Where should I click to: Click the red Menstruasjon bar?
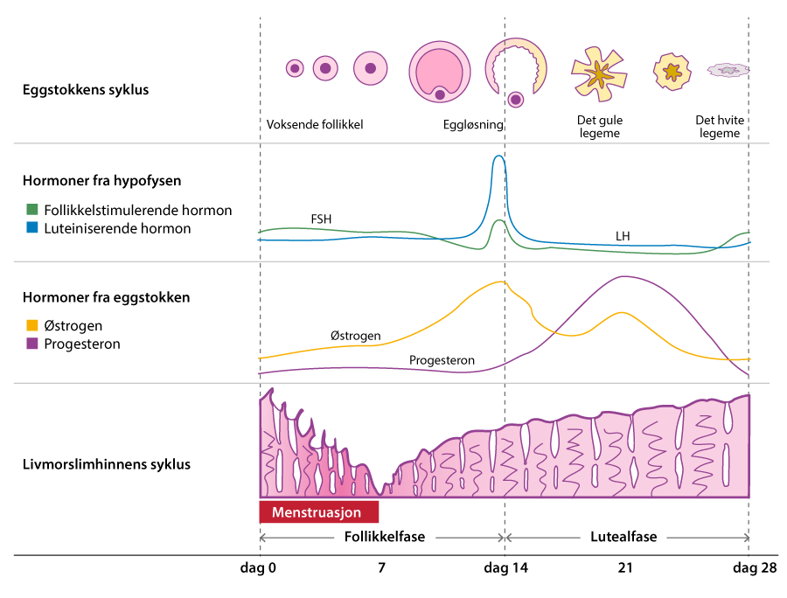click(318, 511)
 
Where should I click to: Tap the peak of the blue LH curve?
click(498, 157)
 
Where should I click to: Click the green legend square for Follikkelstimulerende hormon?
click(32, 210)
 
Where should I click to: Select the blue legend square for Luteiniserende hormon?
click(32, 229)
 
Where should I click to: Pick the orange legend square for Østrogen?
click(32, 325)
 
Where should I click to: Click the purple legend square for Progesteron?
click(32, 344)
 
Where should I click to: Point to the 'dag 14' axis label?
click(505, 568)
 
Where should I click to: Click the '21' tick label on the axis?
click(625, 568)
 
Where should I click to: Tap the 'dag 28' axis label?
click(754, 568)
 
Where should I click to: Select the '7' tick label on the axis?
click(381, 568)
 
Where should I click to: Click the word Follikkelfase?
click(383, 537)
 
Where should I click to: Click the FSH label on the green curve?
click(322, 219)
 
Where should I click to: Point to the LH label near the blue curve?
click(623, 236)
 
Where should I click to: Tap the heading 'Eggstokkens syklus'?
click(86, 89)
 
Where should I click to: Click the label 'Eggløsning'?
click(473, 125)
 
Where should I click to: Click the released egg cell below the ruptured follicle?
click(516, 99)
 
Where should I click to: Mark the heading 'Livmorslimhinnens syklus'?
click(106, 463)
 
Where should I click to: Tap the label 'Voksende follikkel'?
click(314, 125)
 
